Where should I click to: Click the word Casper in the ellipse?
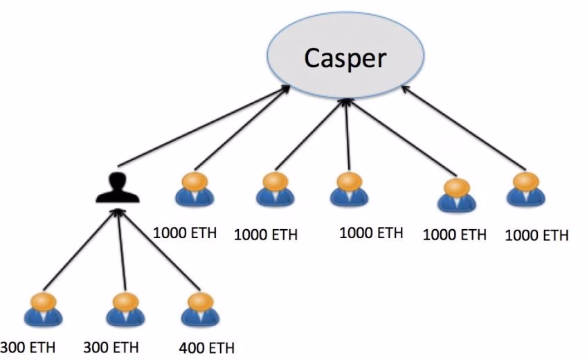coord(345,58)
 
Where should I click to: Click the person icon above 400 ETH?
coord(199,309)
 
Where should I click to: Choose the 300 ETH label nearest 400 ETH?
coord(111,347)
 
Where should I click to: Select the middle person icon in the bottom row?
coord(125,309)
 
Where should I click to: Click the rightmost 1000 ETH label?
coord(537,235)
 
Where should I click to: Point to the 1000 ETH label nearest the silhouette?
coord(185,233)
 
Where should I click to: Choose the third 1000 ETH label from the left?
coord(371,233)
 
